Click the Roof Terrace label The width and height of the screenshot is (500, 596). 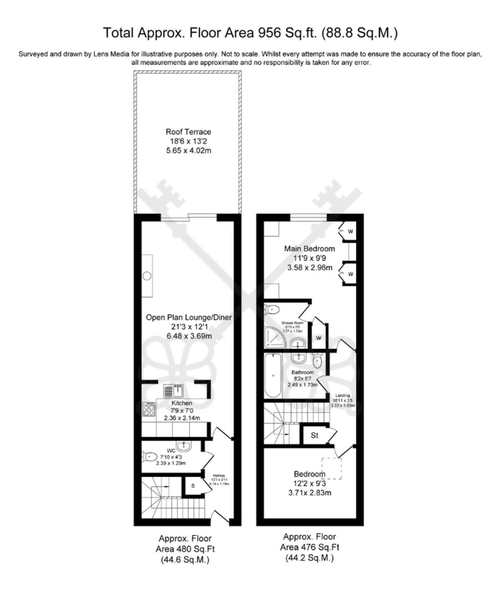pyautogui.click(x=188, y=132)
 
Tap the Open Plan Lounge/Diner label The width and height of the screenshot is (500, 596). pyautogui.click(x=188, y=317)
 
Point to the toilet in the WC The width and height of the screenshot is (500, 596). pyautogui.click(x=150, y=457)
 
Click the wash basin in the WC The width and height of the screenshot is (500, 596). pyautogui.click(x=185, y=445)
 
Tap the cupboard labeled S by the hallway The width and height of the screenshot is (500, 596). pyautogui.click(x=193, y=486)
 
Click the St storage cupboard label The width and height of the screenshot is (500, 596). pyautogui.click(x=314, y=435)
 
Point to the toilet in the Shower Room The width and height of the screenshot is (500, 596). pyautogui.click(x=271, y=308)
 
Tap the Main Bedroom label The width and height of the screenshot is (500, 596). pyautogui.click(x=310, y=248)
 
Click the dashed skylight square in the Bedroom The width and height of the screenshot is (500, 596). pyautogui.click(x=331, y=468)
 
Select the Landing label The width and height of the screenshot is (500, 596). pyautogui.click(x=342, y=396)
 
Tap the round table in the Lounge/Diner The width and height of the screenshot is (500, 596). pyautogui.click(x=147, y=276)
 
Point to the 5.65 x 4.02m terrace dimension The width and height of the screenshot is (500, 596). pyautogui.click(x=188, y=150)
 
